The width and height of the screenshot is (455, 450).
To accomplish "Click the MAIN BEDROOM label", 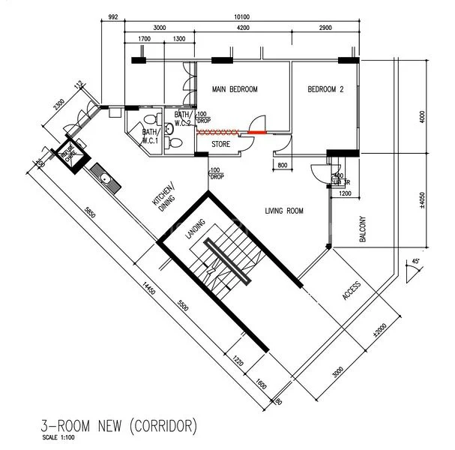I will click(235, 90).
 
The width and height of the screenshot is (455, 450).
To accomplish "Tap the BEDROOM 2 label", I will click(325, 90).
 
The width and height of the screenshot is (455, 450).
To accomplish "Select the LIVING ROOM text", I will click(284, 211).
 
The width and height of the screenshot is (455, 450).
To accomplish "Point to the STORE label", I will click(220, 143).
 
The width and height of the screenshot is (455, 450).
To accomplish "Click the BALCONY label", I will click(363, 228).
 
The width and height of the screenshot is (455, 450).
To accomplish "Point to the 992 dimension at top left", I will click(113, 15).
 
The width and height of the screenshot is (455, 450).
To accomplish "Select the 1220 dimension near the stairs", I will click(237, 359).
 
